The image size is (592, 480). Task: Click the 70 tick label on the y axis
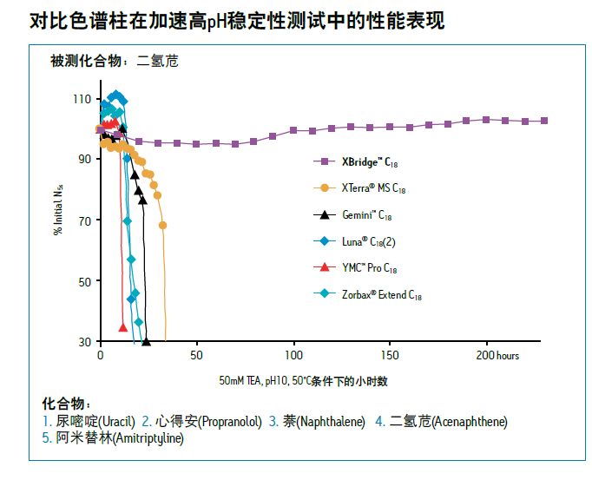84,220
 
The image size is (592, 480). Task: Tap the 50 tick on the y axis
84,281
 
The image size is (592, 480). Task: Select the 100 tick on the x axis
293,356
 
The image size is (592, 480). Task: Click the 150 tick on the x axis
390,356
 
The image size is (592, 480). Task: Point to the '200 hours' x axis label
498,356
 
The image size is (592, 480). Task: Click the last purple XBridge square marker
544,121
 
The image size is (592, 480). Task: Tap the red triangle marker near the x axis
123,326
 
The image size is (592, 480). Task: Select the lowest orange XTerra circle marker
162,225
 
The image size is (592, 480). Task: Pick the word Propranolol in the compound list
230,422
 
